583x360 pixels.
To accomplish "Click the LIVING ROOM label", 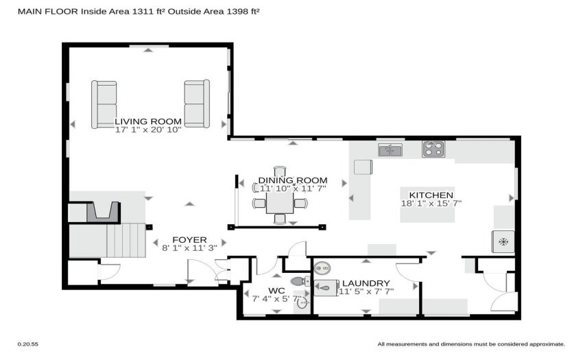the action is tap(148, 121).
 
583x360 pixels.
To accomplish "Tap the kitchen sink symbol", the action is tap(390, 150).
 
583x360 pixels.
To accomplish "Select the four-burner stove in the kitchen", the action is tap(433, 149).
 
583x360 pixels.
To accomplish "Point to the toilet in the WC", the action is tap(300, 281).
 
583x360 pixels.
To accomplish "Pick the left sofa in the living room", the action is tap(104, 104).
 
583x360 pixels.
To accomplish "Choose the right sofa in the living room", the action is tap(197, 104).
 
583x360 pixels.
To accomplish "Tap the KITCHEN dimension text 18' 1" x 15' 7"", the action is tap(431, 204).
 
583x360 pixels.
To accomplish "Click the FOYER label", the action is tap(189, 240).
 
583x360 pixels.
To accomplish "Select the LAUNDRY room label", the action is tap(366, 283).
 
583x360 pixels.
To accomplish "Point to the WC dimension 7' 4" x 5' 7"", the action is tap(277, 299).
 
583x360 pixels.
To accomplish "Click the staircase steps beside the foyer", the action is tap(126, 240).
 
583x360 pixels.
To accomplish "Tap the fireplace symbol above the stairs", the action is tap(104, 213).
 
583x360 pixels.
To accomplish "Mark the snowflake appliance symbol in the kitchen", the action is tap(503, 242).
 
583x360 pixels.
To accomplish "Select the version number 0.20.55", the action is tap(28, 344).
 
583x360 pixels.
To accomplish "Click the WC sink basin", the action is tap(302, 304).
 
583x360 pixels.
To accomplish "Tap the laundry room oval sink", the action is tap(322, 267).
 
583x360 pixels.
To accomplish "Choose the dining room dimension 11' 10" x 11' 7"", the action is tap(293, 189).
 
